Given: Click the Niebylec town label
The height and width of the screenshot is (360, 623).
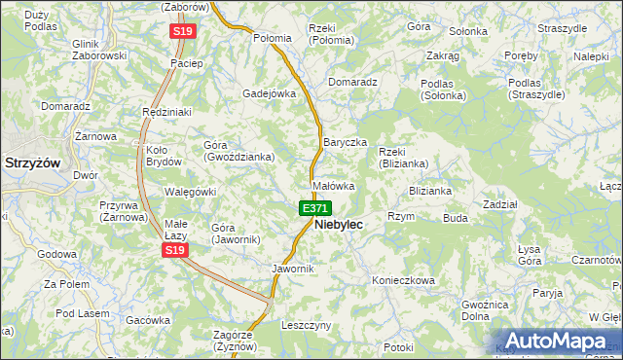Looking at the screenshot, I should point(339,224).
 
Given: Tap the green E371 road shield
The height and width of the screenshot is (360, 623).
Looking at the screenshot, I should point(314,208).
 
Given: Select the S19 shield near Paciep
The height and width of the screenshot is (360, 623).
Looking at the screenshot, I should point(183,31).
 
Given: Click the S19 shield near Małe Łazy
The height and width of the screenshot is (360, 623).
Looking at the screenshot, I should point(174,251).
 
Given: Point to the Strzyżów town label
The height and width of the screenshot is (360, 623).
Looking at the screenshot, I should point(32,162).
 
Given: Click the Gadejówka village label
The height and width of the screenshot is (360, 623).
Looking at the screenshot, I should point(269,93).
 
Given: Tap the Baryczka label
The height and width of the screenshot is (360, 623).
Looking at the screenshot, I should point(345,142).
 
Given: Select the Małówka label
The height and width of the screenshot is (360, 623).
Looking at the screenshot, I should point(332,185).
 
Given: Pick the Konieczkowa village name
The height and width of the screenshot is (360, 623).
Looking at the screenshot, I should point(403,279).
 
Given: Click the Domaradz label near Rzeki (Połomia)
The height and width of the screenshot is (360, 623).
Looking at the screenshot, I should point(352,82).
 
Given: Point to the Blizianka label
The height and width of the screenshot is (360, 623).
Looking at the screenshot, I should point(429,191).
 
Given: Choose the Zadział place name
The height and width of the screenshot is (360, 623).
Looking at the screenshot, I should point(499,204).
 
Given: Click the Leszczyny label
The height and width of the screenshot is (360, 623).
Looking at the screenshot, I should point(307,324).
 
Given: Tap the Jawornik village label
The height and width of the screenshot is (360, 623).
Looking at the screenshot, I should point(293,269).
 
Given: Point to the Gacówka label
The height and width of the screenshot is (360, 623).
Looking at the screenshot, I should point(148,319).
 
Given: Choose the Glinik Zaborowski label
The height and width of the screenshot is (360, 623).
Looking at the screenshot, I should point(99,50).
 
